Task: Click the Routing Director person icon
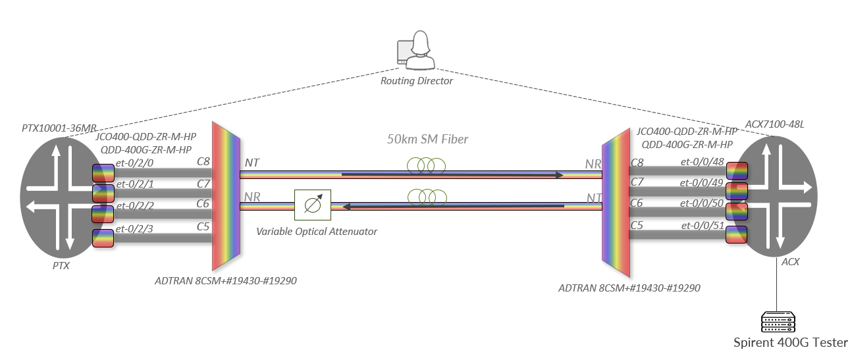(x=417, y=51)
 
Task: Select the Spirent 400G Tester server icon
(x=778, y=322)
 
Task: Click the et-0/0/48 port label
(x=699, y=162)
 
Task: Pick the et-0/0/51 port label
(x=699, y=225)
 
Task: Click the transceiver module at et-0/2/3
(x=103, y=238)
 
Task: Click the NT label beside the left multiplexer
(x=252, y=162)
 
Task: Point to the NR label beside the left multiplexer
(x=252, y=196)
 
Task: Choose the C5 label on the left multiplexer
(x=203, y=226)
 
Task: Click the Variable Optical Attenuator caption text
(x=317, y=232)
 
